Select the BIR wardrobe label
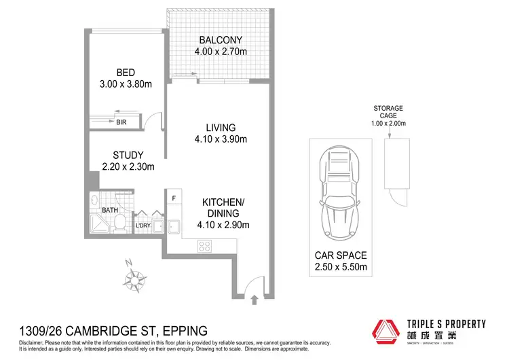coord(121,122)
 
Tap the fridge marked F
coord(174,198)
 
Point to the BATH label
coord(110,211)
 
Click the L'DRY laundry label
coord(143,226)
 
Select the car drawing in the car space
coord(339,194)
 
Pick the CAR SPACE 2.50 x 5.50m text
coord(340,262)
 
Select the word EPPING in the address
coord(183,331)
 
